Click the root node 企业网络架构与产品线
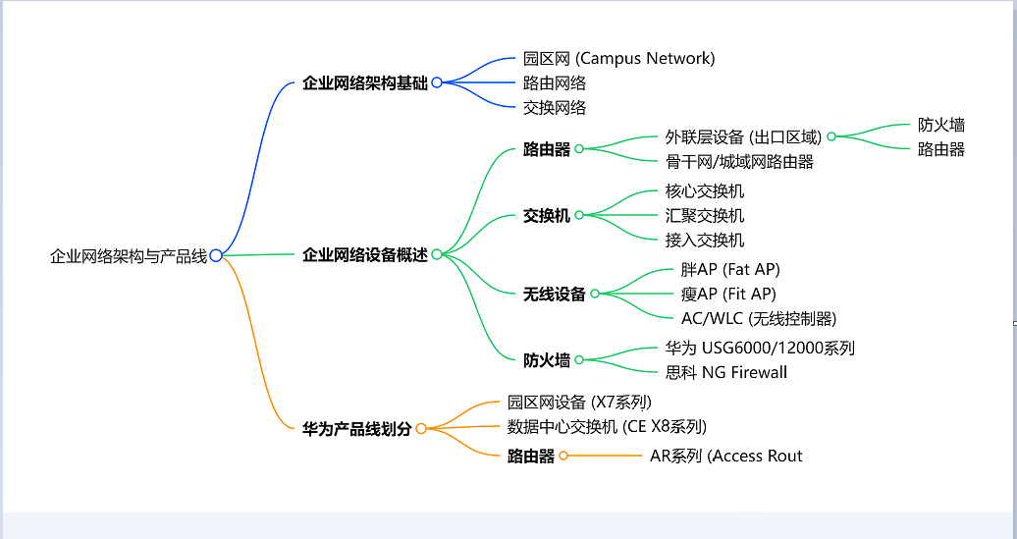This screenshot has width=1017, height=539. pyautogui.click(x=129, y=256)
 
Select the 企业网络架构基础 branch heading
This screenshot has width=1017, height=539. pyautogui.click(x=365, y=83)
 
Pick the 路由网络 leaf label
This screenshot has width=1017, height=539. pyautogui.click(x=555, y=83)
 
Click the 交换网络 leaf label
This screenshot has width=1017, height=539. pyautogui.click(x=555, y=108)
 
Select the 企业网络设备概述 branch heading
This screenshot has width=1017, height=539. pyautogui.click(x=365, y=255)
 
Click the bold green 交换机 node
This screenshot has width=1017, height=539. pyautogui.click(x=547, y=216)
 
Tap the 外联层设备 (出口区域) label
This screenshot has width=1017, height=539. pyautogui.click(x=743, y=137)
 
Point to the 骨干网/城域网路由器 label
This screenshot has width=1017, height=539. pyautogui.click(x=739, y=162)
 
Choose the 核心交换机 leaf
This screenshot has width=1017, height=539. pyautogui.click(x=705, y=191)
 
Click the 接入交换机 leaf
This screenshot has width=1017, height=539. pyautogui.click(x=705, y=241)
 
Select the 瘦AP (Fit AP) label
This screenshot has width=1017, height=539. pyautogui.click(x=728, y=294)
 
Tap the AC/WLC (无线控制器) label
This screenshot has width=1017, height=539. pyautogui.click(x=759, y=318)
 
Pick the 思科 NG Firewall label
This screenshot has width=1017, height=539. pyautogui.click(x=726, y=372)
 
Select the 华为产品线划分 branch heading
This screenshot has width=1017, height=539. pyautogui.click(x=357, y=429)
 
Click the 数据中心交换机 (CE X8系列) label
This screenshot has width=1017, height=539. pyautogui.click(x=607, y=426)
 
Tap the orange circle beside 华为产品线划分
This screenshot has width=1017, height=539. pyautogui.click(x=421, y=428)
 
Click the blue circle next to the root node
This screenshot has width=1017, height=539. pyautogui.click(x=216, y=255)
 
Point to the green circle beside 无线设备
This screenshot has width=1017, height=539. pyautogui.click(x=595, y=294)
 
